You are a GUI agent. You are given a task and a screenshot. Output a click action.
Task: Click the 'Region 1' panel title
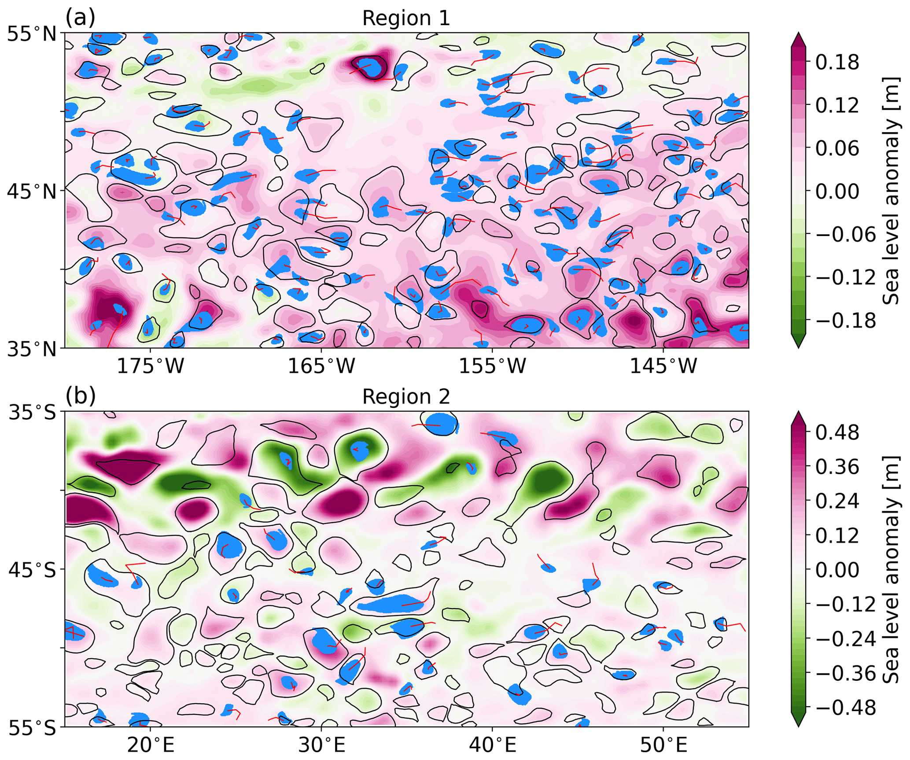pyautogui.click(x=406, y=18)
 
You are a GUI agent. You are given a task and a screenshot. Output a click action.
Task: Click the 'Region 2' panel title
pyautogui.click(x=406, y=397)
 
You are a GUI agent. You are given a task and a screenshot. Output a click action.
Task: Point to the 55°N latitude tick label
pyautogui.click(x=32, y=34)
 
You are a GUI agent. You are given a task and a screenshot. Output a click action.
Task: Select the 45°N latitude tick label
pyautogui.click(x=32, y=192)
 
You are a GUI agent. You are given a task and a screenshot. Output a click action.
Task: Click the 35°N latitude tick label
pyautogui.click(x=32, y=349)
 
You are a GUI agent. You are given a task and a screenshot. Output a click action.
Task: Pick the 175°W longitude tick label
pyautogui.click(x=151, y=365)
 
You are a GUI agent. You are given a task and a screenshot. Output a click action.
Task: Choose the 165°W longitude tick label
pyautogui.click(x=321, y=365)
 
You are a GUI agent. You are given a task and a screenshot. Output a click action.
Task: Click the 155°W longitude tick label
pyautogui.click(x=492, y=365)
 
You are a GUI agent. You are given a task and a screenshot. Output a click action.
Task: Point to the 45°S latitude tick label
pyautogui.click(x=32, y=570)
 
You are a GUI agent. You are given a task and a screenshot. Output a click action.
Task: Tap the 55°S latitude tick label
pyautogui.click(x=32, y=728)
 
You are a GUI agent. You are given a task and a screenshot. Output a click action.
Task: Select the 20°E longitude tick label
pyautogui.click(x=151, y=745)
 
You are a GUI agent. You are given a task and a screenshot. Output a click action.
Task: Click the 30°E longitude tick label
pyautogui.click(x=321, y=745)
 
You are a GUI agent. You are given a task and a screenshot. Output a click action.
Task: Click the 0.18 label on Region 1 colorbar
pyautogui.click(x=837, y=63)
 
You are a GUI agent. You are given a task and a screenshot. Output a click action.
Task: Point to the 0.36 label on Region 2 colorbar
pyautogui.click(x=837, y=467)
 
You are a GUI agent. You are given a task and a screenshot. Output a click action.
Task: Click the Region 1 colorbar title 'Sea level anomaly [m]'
pyautogui.click(x=891, y=190)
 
